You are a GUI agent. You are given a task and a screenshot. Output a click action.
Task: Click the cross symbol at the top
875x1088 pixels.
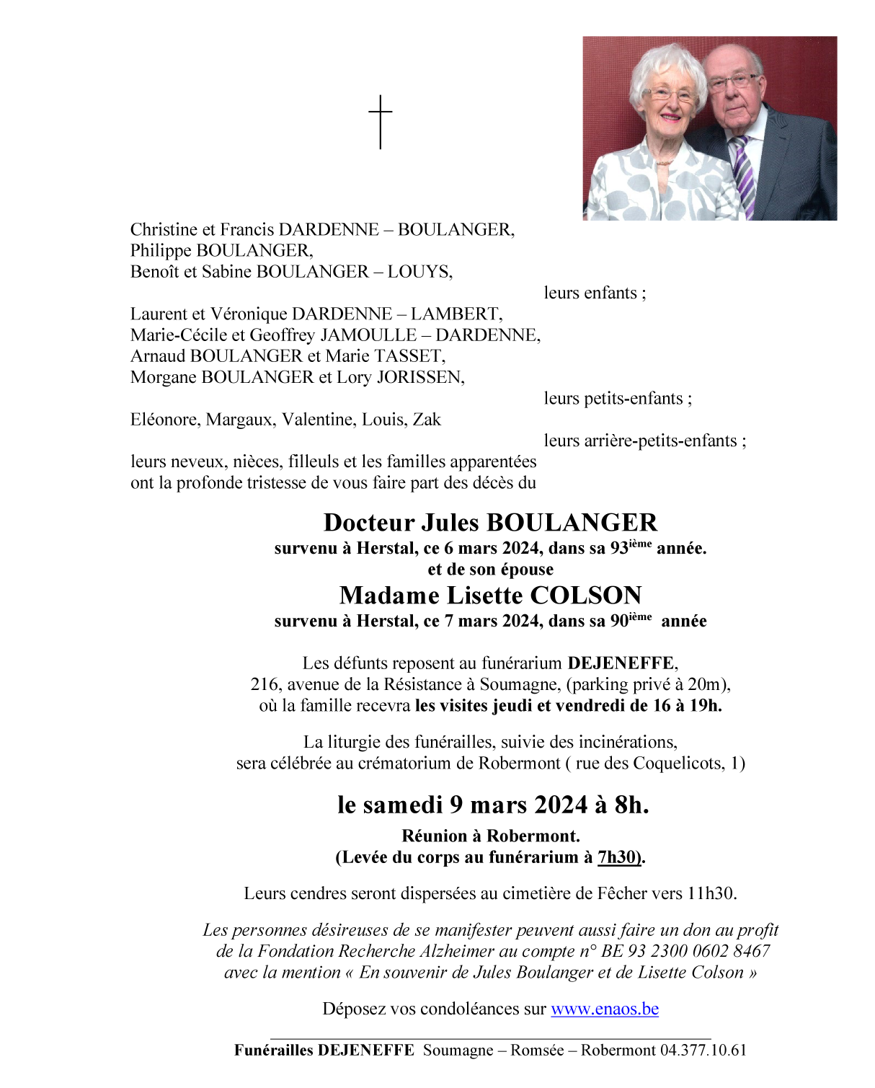pyautogui.click(x=381, y=121)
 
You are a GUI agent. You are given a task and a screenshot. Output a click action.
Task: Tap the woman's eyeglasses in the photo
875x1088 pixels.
pyautogui.click(x=670, y=95)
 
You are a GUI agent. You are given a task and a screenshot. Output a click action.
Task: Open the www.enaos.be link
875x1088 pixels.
pyautogui.click(x=605, y=1009)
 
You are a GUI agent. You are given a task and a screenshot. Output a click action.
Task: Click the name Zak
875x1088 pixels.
pyautogui.click(x=427, y=420)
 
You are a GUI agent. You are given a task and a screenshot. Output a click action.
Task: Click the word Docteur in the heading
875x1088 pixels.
pyautogui.click(x=369, y=523)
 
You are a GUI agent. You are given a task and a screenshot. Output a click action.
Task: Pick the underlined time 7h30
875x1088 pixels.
pyautogui.click(x=618, y=857)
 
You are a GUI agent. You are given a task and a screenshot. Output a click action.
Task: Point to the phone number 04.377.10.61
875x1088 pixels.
pyautogui.click(x=703, y=1051)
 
